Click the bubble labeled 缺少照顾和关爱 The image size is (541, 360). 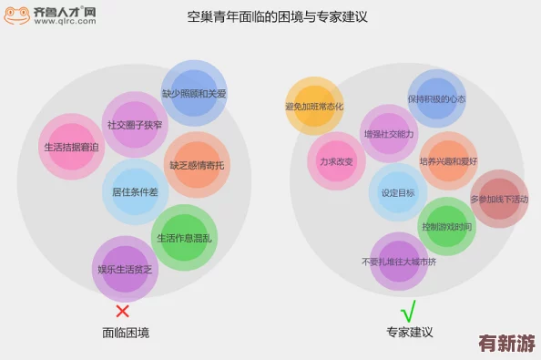pos(193,93)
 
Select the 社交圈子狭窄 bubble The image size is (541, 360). pos(135,124)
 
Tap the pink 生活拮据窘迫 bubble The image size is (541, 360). pos(72,147)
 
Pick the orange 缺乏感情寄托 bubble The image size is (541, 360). pos(196,165)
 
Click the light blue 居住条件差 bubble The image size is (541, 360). pos(135,191)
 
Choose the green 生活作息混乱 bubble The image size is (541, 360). pos(184,238)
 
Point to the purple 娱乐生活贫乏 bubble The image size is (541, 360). pos(125,268)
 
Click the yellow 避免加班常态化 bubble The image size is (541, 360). pos(314,106)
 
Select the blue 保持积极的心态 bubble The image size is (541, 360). pos(436,99)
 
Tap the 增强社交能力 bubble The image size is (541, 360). pos(389,133)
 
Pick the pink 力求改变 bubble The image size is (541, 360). pos(336,161)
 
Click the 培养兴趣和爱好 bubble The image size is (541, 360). pos(448,161)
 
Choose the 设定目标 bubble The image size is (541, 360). pos(398,192)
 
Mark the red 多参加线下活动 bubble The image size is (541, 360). pos(499,199)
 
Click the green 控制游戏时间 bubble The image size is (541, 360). pos(446,226)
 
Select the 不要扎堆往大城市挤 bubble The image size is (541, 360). pos(399,261)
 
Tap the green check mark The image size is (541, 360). pos(408,310)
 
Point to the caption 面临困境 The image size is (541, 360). pos(126,334)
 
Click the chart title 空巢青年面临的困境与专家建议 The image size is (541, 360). pos(270,16)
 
